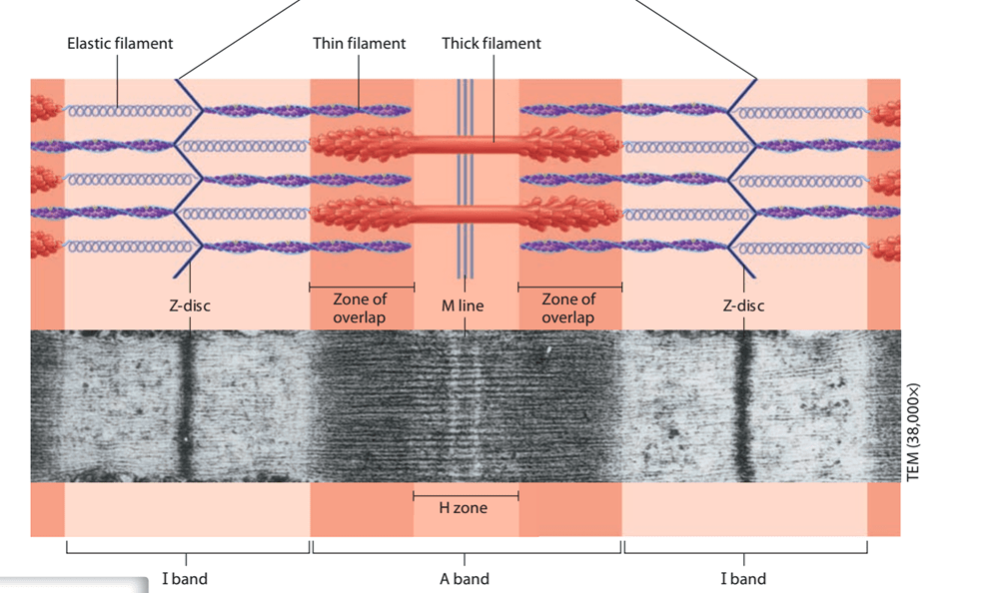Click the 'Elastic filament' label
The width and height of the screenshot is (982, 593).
120,43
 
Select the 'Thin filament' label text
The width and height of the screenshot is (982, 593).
359,43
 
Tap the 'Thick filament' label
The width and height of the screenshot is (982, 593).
491,43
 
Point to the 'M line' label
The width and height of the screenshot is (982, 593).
463,305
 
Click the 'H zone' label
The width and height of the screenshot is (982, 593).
463,508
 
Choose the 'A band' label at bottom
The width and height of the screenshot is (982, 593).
465,579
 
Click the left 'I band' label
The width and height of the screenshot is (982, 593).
185,579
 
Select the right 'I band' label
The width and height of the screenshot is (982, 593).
743,579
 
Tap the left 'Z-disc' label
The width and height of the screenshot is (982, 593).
190,305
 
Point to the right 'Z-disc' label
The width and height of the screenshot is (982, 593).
743,305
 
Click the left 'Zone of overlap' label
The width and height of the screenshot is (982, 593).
360,308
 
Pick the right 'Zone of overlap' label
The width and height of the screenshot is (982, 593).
568,308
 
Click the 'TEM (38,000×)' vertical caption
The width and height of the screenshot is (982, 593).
913,432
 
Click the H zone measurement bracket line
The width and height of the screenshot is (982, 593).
466,496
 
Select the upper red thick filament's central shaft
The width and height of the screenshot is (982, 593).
466,145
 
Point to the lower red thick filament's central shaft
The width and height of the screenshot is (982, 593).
466,213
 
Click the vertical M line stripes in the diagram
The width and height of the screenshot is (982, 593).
465,179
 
